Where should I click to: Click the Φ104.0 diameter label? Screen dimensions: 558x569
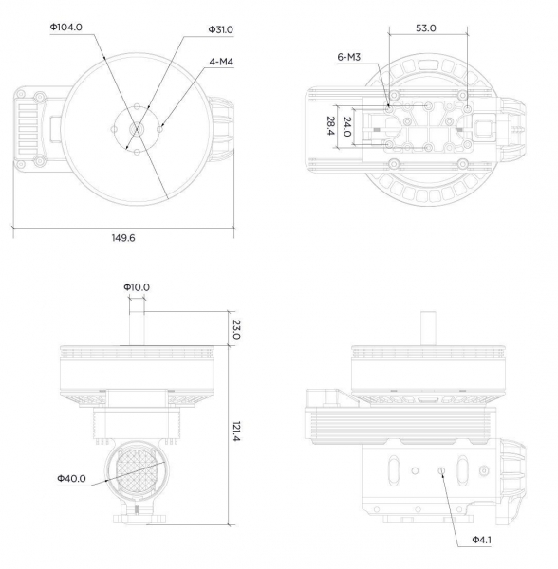click(x=66, y=28)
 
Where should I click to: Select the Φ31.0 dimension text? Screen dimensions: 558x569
click(x=221, y=29)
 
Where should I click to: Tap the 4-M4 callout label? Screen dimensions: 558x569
click(x=221, y=62)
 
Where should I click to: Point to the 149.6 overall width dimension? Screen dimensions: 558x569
click(x=123, y=238)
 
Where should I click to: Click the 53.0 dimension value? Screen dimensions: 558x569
click(x=426, y=28)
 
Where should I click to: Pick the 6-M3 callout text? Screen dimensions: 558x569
click(x=349, y=57)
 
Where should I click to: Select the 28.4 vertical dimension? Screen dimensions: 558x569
click(x=331, y=125)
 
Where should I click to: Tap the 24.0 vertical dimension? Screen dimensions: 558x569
click(x=347, y=126)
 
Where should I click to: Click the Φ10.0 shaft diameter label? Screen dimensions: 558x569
click(x=137, y=287)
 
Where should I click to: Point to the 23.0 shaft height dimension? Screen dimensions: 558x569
click(x=236, y=329)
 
